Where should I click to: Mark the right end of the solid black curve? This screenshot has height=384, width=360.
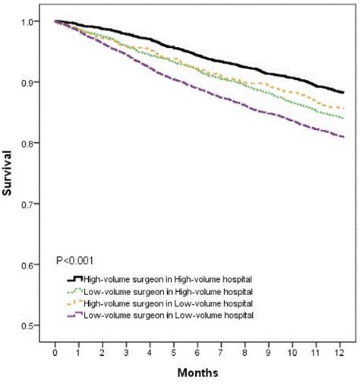[x=343, y=93]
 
